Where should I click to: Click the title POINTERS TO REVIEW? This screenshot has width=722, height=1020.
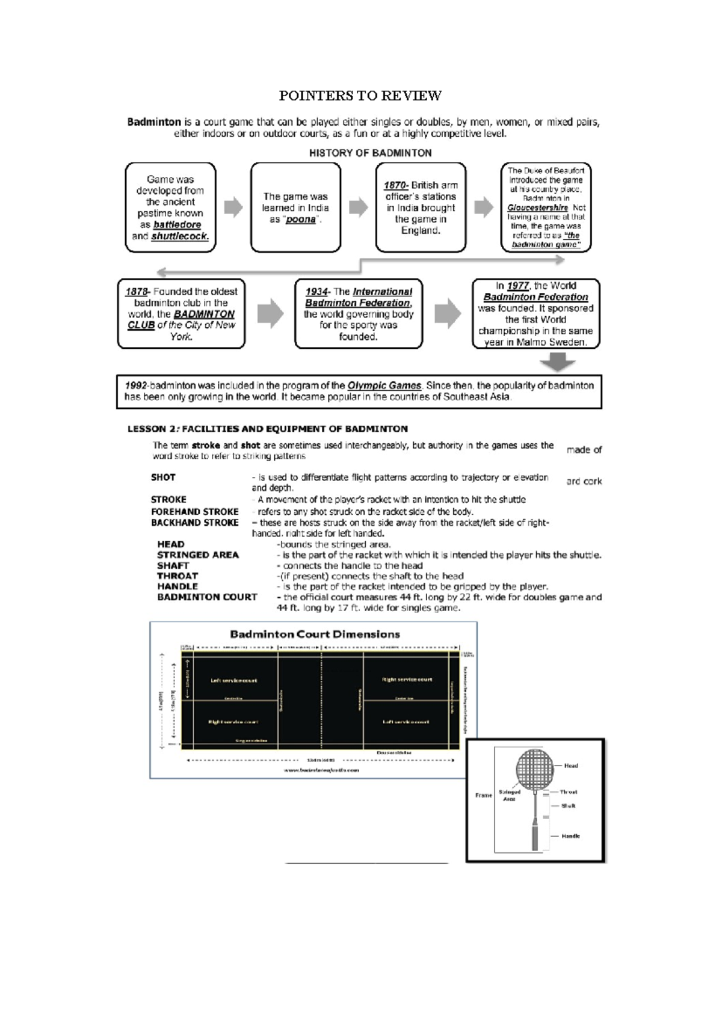(360, 96)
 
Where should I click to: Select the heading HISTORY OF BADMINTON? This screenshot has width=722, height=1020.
(370, 153)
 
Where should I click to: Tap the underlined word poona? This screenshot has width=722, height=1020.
(301, 220)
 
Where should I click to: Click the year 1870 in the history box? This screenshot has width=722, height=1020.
(396, 185)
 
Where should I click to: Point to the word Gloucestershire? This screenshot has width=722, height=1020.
(537, 207)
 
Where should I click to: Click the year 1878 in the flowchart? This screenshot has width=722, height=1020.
(137, 292)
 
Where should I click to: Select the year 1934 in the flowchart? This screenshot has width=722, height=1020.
(317, 292)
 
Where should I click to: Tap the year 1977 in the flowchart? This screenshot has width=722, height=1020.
(517, 286)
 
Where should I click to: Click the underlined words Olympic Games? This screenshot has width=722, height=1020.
(384, 386)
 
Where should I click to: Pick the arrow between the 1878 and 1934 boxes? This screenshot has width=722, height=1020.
(270, 313)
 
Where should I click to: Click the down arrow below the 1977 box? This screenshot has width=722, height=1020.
(558, 362)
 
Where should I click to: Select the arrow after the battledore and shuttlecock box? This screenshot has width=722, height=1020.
(233, 207)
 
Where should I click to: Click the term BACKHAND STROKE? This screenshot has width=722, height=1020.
(194, 523)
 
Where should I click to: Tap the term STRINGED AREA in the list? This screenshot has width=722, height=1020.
(198, 555)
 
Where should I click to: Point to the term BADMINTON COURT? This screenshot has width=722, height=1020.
(207, 597)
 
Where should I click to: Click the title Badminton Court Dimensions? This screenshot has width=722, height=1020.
(315, 634)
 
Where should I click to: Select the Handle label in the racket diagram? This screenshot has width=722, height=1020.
(570, 836)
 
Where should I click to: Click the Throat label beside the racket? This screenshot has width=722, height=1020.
(568, 792)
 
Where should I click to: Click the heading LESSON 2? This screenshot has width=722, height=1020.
(267, 429)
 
